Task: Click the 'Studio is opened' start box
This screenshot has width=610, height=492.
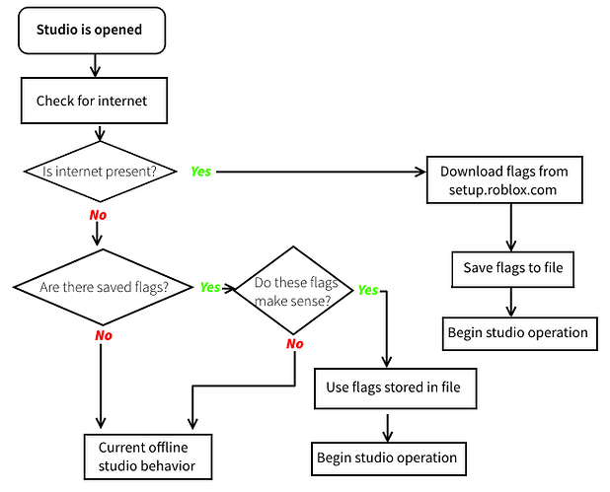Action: (x=92, y=31)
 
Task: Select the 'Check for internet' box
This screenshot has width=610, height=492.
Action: (x=94, y=101)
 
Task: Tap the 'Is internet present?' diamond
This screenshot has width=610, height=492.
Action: (x=100, y=172)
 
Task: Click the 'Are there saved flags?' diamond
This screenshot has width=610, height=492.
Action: (x=103, y=287)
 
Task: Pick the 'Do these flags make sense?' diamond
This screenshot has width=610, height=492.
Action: (x=294, y=290)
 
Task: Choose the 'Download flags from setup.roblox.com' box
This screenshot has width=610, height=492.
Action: (x=504, y=179)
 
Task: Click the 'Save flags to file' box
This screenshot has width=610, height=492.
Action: (x=512, y=269)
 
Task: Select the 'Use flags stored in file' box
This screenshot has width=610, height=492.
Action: (x=395, y=388)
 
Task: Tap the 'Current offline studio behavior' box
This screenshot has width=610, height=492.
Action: (x=148, y=457)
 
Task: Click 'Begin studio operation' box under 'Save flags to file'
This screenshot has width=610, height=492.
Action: (x=520, y=334)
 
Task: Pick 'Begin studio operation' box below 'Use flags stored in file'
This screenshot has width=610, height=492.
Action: (x=389, y=458)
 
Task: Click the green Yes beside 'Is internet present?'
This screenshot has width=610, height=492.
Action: (x=200, y=172)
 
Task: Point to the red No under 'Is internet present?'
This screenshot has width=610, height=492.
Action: (x=98, y=215)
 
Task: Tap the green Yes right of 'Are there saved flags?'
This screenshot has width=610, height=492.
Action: (x=210, y=287)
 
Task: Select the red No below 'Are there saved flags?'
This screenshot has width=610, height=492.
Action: (x=104, y=335)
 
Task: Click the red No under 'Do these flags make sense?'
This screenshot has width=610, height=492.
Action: (x=294, y=343)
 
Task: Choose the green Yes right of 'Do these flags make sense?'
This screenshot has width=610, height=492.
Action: (x=367, y=290)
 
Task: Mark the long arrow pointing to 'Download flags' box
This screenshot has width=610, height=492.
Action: (x=322, y=172)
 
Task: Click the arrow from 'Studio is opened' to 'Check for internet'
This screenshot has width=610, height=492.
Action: (x=95, y=66)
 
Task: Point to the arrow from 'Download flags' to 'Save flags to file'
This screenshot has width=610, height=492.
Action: (x=511, y=228)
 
